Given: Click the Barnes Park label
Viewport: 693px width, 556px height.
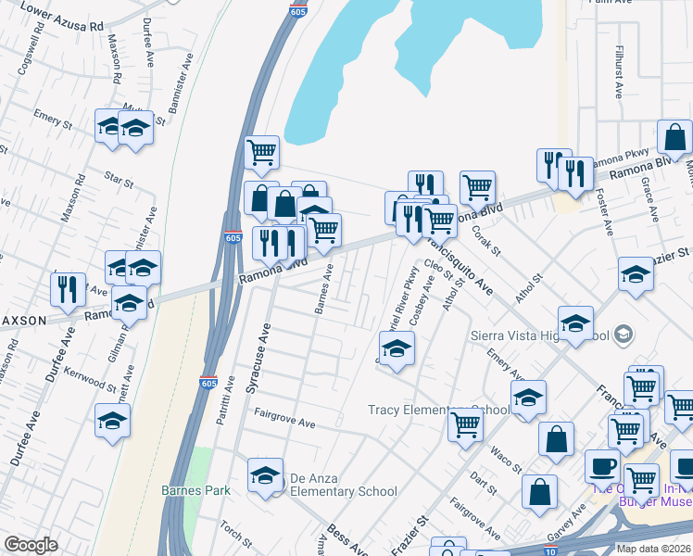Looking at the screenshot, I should (x=187, y=489).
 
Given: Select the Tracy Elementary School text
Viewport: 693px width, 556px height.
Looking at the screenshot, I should (x=437, y=410).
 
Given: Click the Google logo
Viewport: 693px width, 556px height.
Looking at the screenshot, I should (x=31, y=544).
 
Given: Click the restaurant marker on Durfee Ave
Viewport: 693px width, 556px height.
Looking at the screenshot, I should (x=68, y=290).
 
